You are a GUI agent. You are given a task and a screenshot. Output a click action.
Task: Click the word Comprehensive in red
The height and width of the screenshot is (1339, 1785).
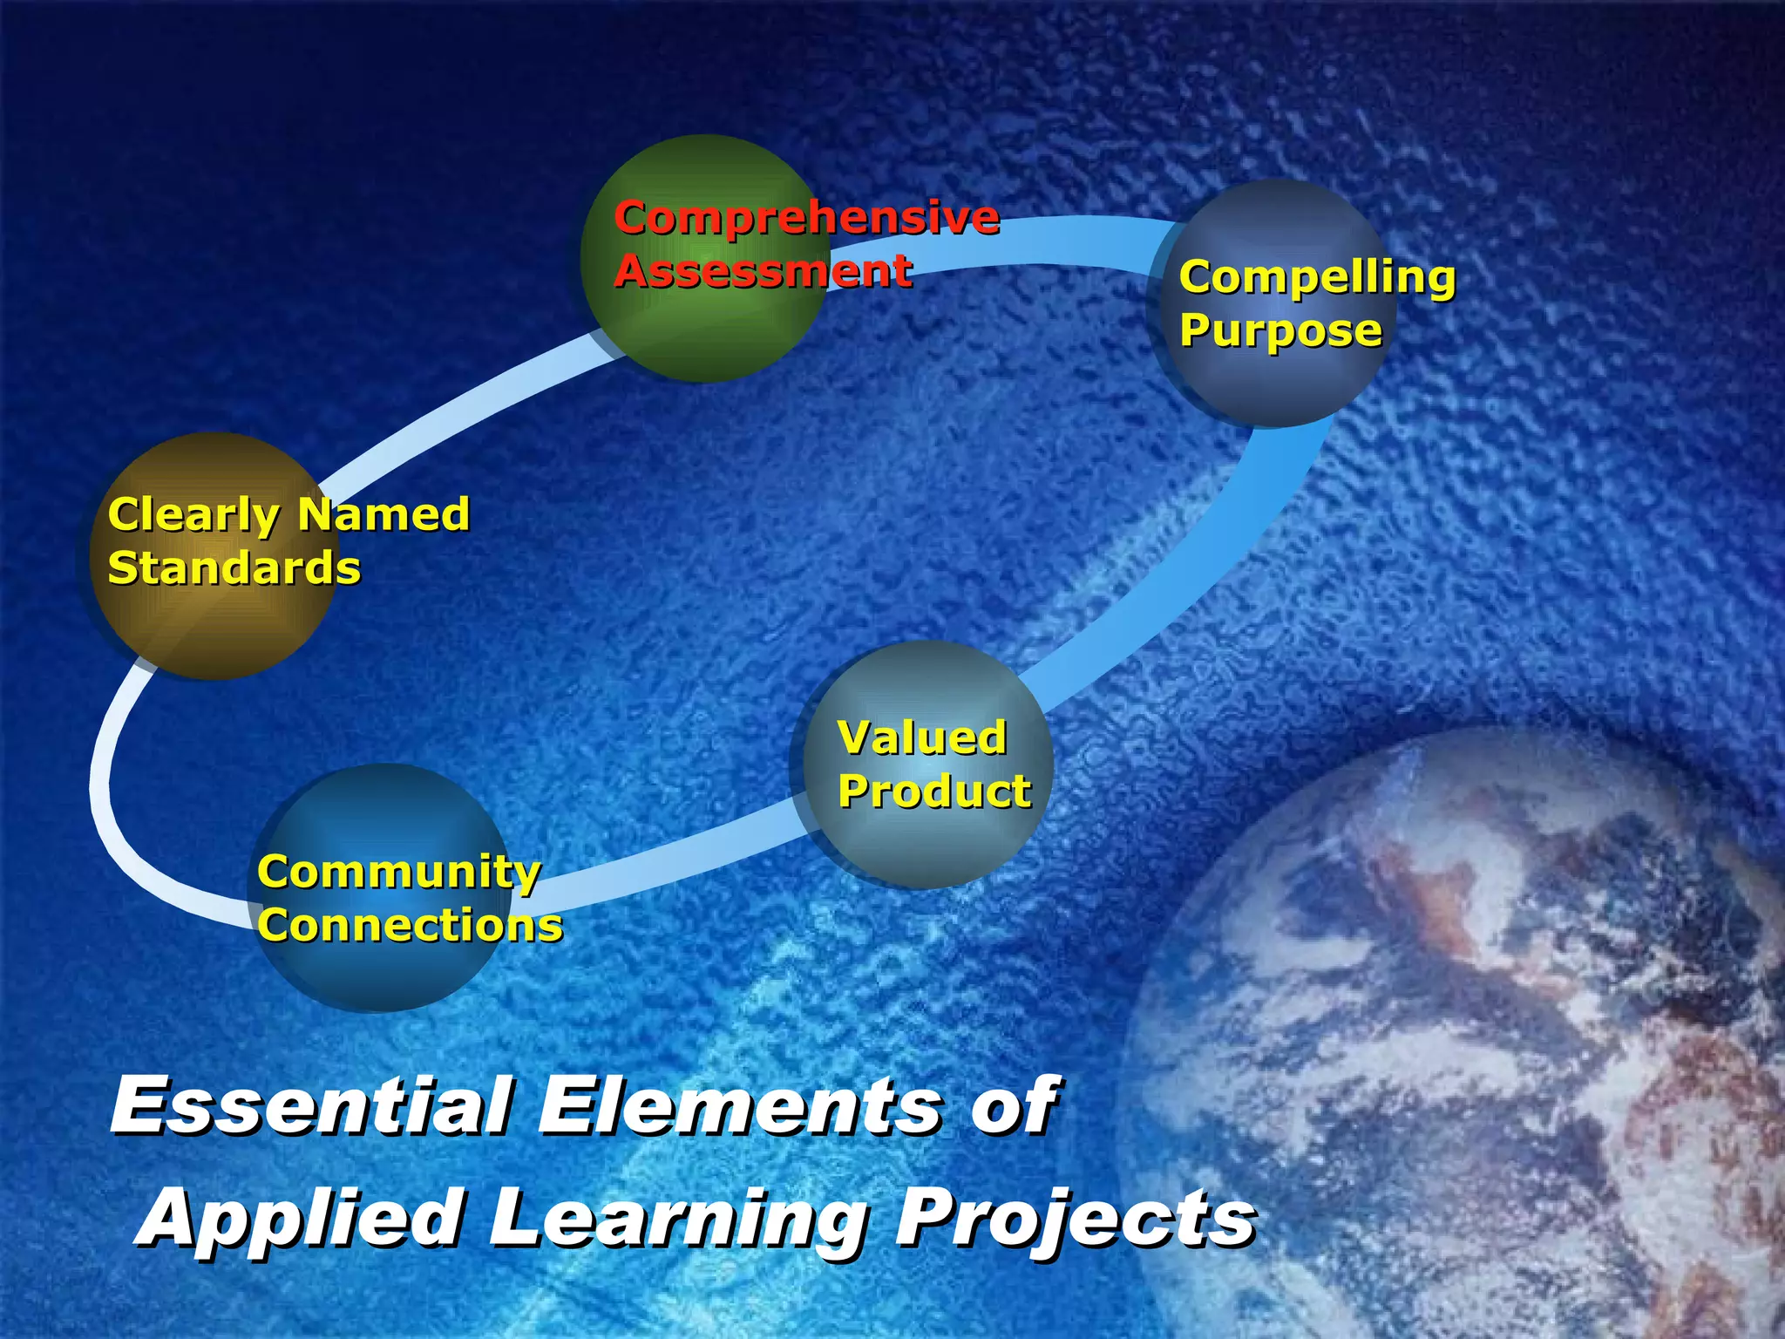(x=806, y=219)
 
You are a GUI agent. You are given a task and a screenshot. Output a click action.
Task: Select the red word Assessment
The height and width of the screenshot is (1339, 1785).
(x=764, y=271)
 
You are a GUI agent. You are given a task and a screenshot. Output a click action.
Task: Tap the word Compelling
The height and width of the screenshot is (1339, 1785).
(x=1317, y=278)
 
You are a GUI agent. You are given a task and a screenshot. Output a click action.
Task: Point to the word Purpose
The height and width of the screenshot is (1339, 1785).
(x=1280, y=331)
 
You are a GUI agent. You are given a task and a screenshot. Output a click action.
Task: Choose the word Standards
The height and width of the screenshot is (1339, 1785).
(x=234, y=568)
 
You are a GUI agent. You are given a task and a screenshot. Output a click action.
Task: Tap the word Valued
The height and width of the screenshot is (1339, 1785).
(x=922, y=737)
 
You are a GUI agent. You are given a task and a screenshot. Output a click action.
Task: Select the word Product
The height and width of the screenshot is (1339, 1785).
(x=934, y=792)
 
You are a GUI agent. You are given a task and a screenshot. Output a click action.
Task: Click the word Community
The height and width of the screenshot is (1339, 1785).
(x=399, y=873)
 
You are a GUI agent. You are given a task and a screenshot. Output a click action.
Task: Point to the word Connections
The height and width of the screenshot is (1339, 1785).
(x=410, y=925)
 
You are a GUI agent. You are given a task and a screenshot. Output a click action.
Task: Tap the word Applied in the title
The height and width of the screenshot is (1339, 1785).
(x=301, y=1219)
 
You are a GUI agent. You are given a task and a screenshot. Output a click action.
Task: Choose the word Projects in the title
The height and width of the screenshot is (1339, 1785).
(x=1076, y=1219)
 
